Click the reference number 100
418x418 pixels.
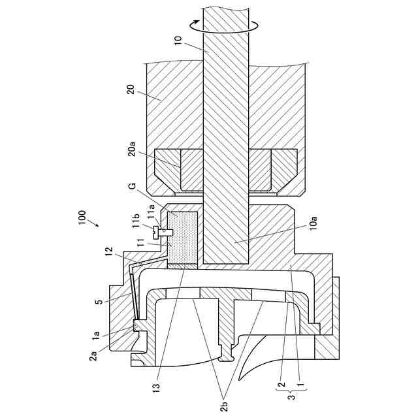point(82,217)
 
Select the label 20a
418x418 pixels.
point(132,149)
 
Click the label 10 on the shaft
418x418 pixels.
point(178,40)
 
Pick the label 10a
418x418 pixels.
point(313,223)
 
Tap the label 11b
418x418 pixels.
point(138,221)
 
